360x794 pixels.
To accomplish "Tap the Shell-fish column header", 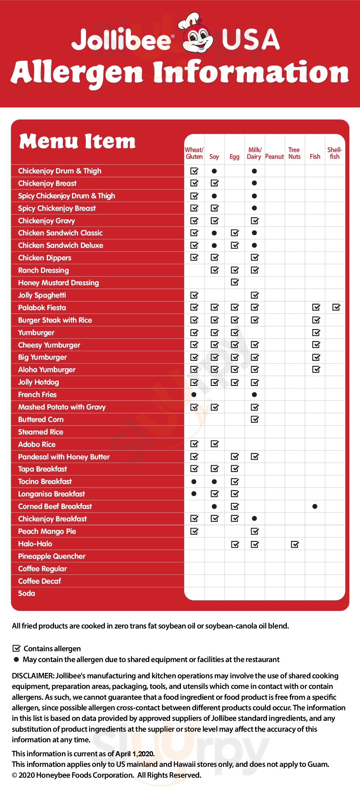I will [335, 153].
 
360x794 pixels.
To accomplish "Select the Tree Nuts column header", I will [294, 153].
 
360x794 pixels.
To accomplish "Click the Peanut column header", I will [274, 157].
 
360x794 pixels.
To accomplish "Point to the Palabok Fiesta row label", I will [42, 308].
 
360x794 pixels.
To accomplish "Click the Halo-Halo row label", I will [35, 544].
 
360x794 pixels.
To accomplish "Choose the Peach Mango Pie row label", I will [47, 531].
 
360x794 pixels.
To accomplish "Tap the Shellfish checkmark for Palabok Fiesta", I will [336, 307].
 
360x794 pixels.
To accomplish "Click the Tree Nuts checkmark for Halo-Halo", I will [295, 544].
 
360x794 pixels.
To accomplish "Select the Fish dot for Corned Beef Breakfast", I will [315, 506].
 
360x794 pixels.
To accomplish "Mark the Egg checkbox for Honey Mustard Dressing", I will [235, 282].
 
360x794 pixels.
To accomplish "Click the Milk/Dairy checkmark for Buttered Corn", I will [254, 419].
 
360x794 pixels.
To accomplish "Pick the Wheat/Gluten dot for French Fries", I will [194, 395].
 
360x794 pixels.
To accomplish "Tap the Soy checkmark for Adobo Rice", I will [215, 444].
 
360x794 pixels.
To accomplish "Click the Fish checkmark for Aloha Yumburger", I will [316, 370].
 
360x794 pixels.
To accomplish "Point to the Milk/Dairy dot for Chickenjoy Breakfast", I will [254, 519].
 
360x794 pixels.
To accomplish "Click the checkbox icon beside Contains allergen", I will [16, 648].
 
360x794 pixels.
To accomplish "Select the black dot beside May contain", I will [16, 659].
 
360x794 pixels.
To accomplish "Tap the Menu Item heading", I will [77, 142].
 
